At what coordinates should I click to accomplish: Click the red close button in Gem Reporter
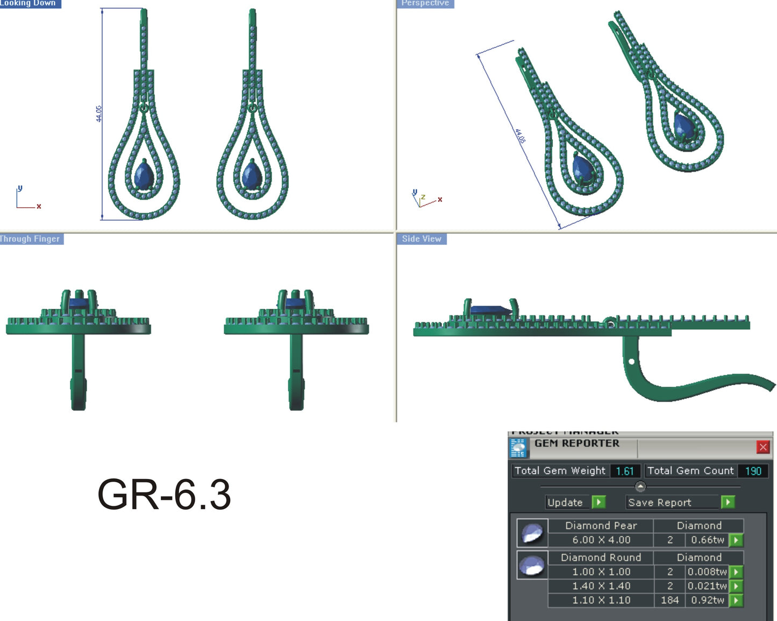[x=762, y=447]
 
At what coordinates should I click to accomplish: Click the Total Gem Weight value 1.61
[x=625, y=471]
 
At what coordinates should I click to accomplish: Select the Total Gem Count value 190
[x=753, y=471]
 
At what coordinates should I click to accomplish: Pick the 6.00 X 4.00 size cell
[x=601, y=540]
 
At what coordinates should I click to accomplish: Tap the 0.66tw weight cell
[x=707, y=540]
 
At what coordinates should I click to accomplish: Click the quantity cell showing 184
[x=669, y=600]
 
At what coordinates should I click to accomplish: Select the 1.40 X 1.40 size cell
[x=601, y=586]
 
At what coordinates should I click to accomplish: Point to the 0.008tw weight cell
[x=707, y=571]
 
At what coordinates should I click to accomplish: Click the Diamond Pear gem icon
[x=532, y=533]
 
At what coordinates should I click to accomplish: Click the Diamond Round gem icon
[x=532, y=565]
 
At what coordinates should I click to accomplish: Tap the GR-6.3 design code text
[x=164, y=495]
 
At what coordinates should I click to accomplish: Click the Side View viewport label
[x=422, y=239]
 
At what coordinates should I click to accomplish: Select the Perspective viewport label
[x=425, y=3]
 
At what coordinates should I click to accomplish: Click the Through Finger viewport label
[x=30, y=239]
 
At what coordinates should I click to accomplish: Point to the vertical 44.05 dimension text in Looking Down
[x=99, y=114]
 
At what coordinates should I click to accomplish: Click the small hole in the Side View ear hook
[x=631, y=362]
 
